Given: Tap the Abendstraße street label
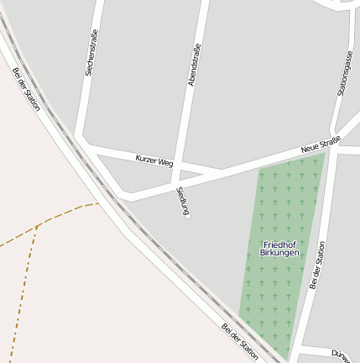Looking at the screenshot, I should (x=195, y=65).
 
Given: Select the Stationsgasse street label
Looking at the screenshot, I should (x=345, y=73).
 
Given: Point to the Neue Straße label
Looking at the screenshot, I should (x=321, y=145).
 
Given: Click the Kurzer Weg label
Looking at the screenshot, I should (x=154, y=160).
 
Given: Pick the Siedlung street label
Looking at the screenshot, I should (x=182, y=203).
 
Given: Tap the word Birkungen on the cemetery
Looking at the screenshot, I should (x=279, y=253).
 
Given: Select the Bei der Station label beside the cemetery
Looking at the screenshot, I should (x=317, y=266).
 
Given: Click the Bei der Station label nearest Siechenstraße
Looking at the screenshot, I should (x=27, y=88).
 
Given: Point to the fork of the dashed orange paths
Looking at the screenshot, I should (x=38, y=226).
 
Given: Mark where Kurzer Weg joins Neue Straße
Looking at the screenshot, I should (x=221, y=170).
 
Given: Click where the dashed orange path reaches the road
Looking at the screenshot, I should (x=98, y=203).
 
